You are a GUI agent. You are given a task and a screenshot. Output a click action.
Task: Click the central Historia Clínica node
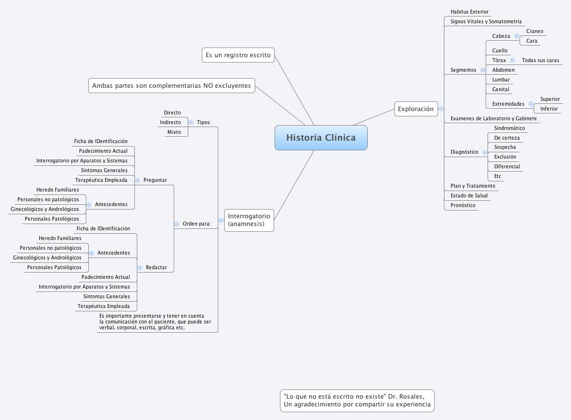click(x=321, y=137)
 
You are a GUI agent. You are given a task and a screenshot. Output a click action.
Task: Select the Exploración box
click(x=416, y=109)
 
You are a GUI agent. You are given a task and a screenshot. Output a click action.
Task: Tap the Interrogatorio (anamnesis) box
click(x=249, y=220)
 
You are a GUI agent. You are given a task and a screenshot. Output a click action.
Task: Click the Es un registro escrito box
click(x=238, y=55)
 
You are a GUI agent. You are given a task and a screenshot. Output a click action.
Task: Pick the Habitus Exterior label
click(x=469, y=12)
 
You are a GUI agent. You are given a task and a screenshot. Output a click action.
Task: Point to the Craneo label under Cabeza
click(x=535, y=31)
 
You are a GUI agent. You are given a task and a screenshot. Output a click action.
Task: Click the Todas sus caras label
click(x=540, y=60)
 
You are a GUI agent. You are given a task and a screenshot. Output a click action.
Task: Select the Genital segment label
click(x=501, y=89)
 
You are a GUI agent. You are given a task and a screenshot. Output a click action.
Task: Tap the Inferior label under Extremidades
click(x=549, y=109)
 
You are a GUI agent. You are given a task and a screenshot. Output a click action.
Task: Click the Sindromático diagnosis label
click(x=509, y=128)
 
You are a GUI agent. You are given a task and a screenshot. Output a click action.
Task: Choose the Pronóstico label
click(x=463, y=205)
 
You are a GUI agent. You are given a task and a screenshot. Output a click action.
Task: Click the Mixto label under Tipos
click(x=174, y=132)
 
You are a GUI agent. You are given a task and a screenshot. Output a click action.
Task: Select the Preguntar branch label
click(x=155, y=180)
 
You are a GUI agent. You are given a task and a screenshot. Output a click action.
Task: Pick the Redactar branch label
click(x=156, y=267)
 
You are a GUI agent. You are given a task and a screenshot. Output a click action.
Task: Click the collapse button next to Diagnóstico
click(x=485, y=152)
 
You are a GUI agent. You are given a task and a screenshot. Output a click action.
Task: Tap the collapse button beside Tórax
click(x=512, y=61)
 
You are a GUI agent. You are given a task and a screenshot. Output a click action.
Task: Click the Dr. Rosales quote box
click(x=357, y=401)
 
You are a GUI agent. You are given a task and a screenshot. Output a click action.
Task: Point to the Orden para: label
click(x=196, y=224)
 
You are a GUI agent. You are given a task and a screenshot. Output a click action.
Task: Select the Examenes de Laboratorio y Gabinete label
click(x=493, y=118)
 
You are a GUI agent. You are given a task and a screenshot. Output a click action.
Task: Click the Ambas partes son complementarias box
click(x=172, y=85)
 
